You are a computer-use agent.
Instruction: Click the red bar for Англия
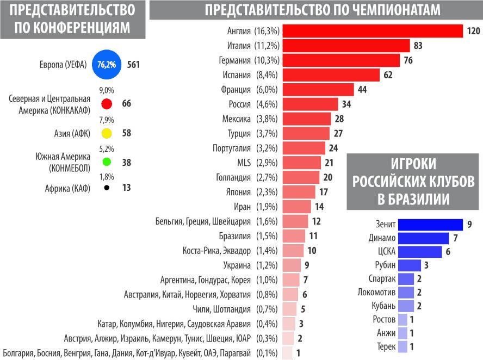(x=372, y=31)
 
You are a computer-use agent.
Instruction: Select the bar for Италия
(x=346, y=46)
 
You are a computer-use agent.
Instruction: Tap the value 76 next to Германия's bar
(x=409, y=60)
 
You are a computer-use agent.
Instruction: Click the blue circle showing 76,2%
(x=107, y=65)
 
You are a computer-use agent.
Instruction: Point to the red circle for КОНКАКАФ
(x=107, y=104)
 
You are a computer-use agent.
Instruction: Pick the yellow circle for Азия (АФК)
(x=107, y=133)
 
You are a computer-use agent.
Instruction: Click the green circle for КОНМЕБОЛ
(x=107, y=162)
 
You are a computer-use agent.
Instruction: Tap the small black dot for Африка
(x=107, y=188)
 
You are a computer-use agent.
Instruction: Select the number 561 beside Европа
(x=133, y=65)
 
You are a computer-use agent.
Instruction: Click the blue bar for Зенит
(x=430, y=225)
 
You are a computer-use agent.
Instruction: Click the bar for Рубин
(x=410, y=265)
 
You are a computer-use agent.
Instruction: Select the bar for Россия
(x=310, y=104)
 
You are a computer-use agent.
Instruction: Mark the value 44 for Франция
(x=363, y=90)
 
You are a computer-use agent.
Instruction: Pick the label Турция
(x=239, y=134)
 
